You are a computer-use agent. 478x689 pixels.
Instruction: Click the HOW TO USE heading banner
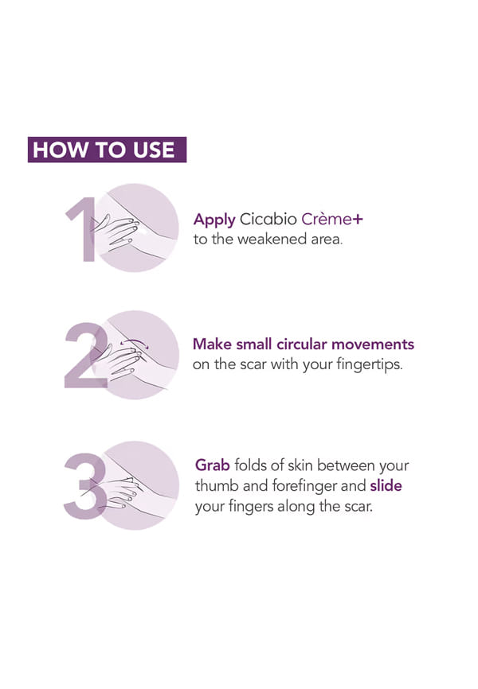click(107, 150)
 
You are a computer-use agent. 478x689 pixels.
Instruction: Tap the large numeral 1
click(84, 229)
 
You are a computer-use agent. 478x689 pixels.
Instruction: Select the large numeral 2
click(86, 356)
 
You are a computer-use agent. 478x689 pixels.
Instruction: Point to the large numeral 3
click(85, 486)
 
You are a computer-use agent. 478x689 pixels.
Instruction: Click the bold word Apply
click(214, 220)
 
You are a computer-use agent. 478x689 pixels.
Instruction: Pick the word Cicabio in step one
click(268, 219)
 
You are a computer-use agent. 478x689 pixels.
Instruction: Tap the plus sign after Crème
click(358, 219)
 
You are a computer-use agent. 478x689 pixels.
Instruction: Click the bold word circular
click(302, 344)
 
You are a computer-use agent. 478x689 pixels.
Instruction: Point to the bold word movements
click(373, 344)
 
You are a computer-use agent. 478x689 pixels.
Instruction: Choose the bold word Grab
click(213, 465)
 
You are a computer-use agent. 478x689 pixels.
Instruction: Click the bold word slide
click(386, 485)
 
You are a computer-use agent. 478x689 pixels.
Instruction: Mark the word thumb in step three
click(217, 485)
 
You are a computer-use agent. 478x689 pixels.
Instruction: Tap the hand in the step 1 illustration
click(116, 232)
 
